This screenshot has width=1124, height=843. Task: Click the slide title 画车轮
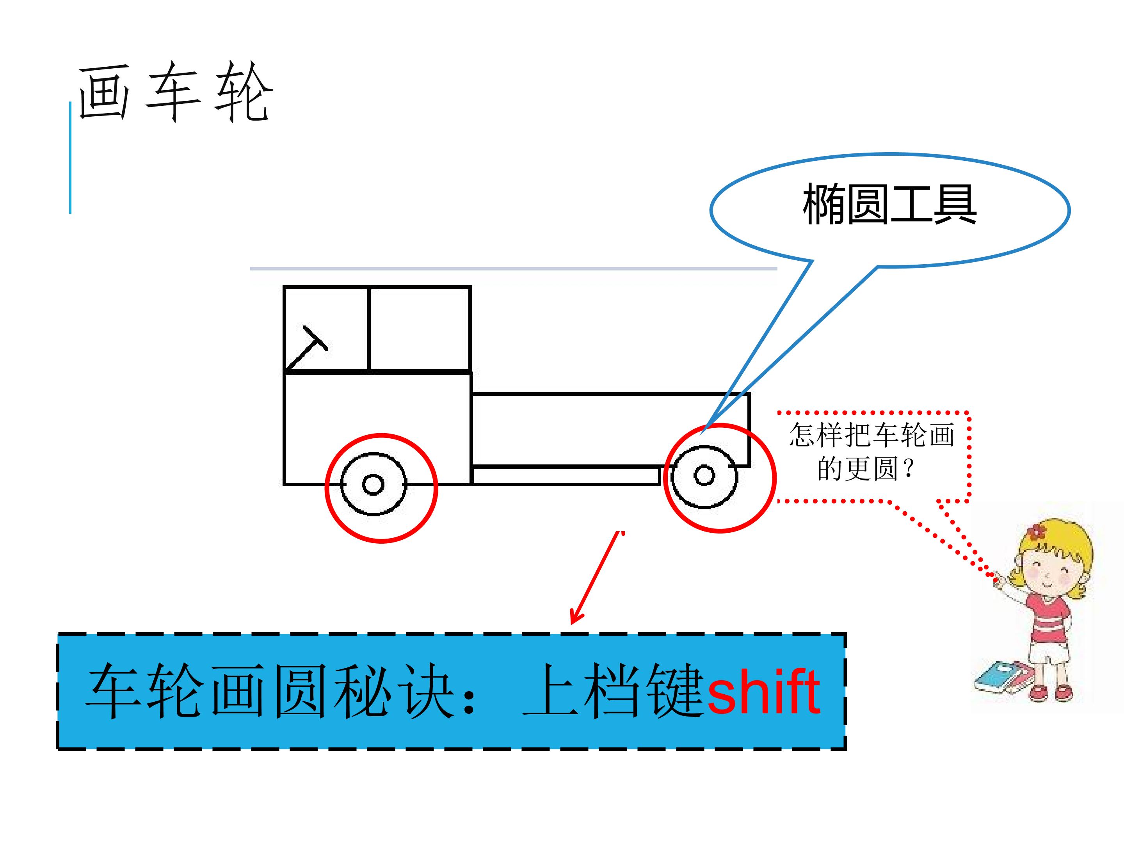(176, 91)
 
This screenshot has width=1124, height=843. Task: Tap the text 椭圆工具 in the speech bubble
(889, 204)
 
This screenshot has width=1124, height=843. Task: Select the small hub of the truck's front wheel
(373, 484)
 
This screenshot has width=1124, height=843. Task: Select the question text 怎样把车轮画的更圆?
(871, 452)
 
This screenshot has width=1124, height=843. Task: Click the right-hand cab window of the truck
(420, 329)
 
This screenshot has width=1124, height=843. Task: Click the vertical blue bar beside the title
(70, 158)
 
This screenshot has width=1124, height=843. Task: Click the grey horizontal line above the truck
(513, 268)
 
